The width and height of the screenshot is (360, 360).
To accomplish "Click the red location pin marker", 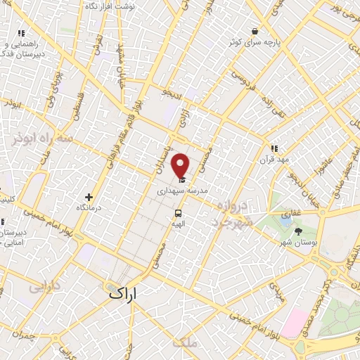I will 180,165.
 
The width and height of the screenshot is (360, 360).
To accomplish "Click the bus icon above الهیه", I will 178,213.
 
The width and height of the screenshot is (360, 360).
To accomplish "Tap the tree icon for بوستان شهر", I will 299,231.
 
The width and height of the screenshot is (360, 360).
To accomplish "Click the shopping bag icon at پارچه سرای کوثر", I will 255,32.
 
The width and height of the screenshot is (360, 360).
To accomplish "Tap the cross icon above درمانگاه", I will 89,198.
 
